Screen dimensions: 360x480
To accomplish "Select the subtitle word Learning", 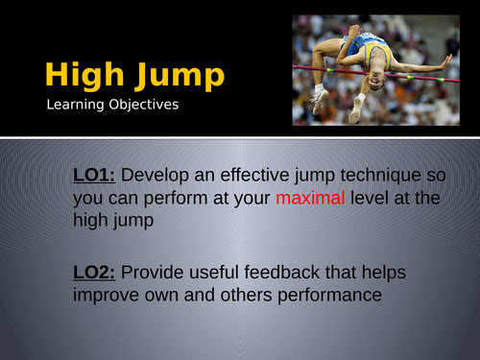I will pyautogui.click(x=78, y=105).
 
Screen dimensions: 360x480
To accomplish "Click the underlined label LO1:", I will pyautogui.click(x=94, y=175).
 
